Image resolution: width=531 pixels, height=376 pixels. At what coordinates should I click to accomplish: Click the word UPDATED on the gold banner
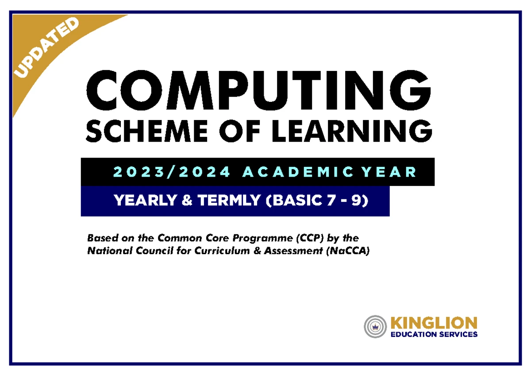[46, 48]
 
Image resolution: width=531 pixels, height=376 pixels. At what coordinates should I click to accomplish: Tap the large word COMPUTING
[258, 90]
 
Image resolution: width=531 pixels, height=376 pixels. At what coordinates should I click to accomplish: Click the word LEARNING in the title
[352, 131]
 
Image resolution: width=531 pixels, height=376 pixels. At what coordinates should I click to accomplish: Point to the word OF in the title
[240, 131]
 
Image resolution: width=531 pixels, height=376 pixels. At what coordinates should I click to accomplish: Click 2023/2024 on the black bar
[172, 172]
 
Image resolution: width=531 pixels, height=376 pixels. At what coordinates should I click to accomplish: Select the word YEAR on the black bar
[389, 172]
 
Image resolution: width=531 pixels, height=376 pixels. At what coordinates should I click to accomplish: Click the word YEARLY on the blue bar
[146, 200]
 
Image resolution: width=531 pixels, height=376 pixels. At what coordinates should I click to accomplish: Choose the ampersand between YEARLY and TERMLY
[187, 200]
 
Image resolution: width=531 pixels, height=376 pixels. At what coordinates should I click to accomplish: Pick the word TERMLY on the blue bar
[229, 200]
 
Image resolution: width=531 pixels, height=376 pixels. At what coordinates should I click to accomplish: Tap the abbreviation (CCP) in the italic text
[310, 238]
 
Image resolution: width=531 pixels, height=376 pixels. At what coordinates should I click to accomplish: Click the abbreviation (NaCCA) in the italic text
[348, 251]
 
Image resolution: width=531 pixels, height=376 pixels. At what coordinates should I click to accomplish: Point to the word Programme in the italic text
[263, 238]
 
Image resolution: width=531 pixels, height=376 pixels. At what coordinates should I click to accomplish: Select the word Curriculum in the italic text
[222, 251]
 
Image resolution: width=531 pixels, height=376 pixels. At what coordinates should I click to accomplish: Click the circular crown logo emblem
[375, 326]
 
